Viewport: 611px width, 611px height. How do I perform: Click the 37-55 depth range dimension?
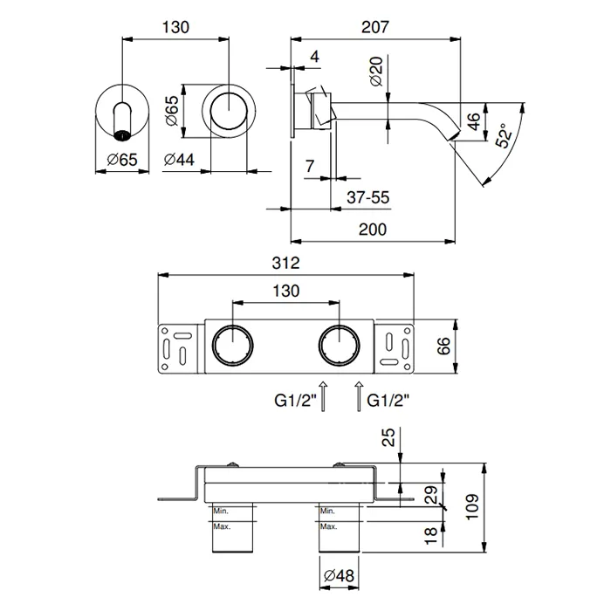coord(367,198)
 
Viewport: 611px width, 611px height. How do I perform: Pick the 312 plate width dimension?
coord(286,262)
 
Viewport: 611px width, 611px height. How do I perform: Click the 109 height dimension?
coord(471,505)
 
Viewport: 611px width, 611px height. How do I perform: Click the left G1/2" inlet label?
coord(292,402)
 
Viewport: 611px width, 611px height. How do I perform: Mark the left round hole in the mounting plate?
coord(231,347)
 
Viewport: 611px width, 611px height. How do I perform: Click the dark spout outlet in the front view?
coord(122,134)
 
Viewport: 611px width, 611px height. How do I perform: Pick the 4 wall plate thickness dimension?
coord(313,57)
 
